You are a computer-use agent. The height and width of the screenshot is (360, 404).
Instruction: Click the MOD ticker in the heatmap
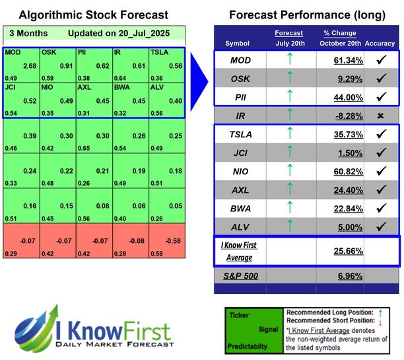[x=12, y=52]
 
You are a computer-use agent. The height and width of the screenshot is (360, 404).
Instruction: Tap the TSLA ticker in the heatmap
[x=160, y=52]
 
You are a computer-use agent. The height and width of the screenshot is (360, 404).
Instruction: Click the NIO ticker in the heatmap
[x=48, y=87]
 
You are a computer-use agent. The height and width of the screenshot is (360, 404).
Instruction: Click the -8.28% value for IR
[x=347, y=117]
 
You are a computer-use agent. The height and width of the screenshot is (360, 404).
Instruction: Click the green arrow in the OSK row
[x=289, y=80]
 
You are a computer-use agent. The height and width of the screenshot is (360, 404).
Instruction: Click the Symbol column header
[x=238, y=44]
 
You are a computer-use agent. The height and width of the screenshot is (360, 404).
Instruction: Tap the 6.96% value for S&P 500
[x=347, y=275]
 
